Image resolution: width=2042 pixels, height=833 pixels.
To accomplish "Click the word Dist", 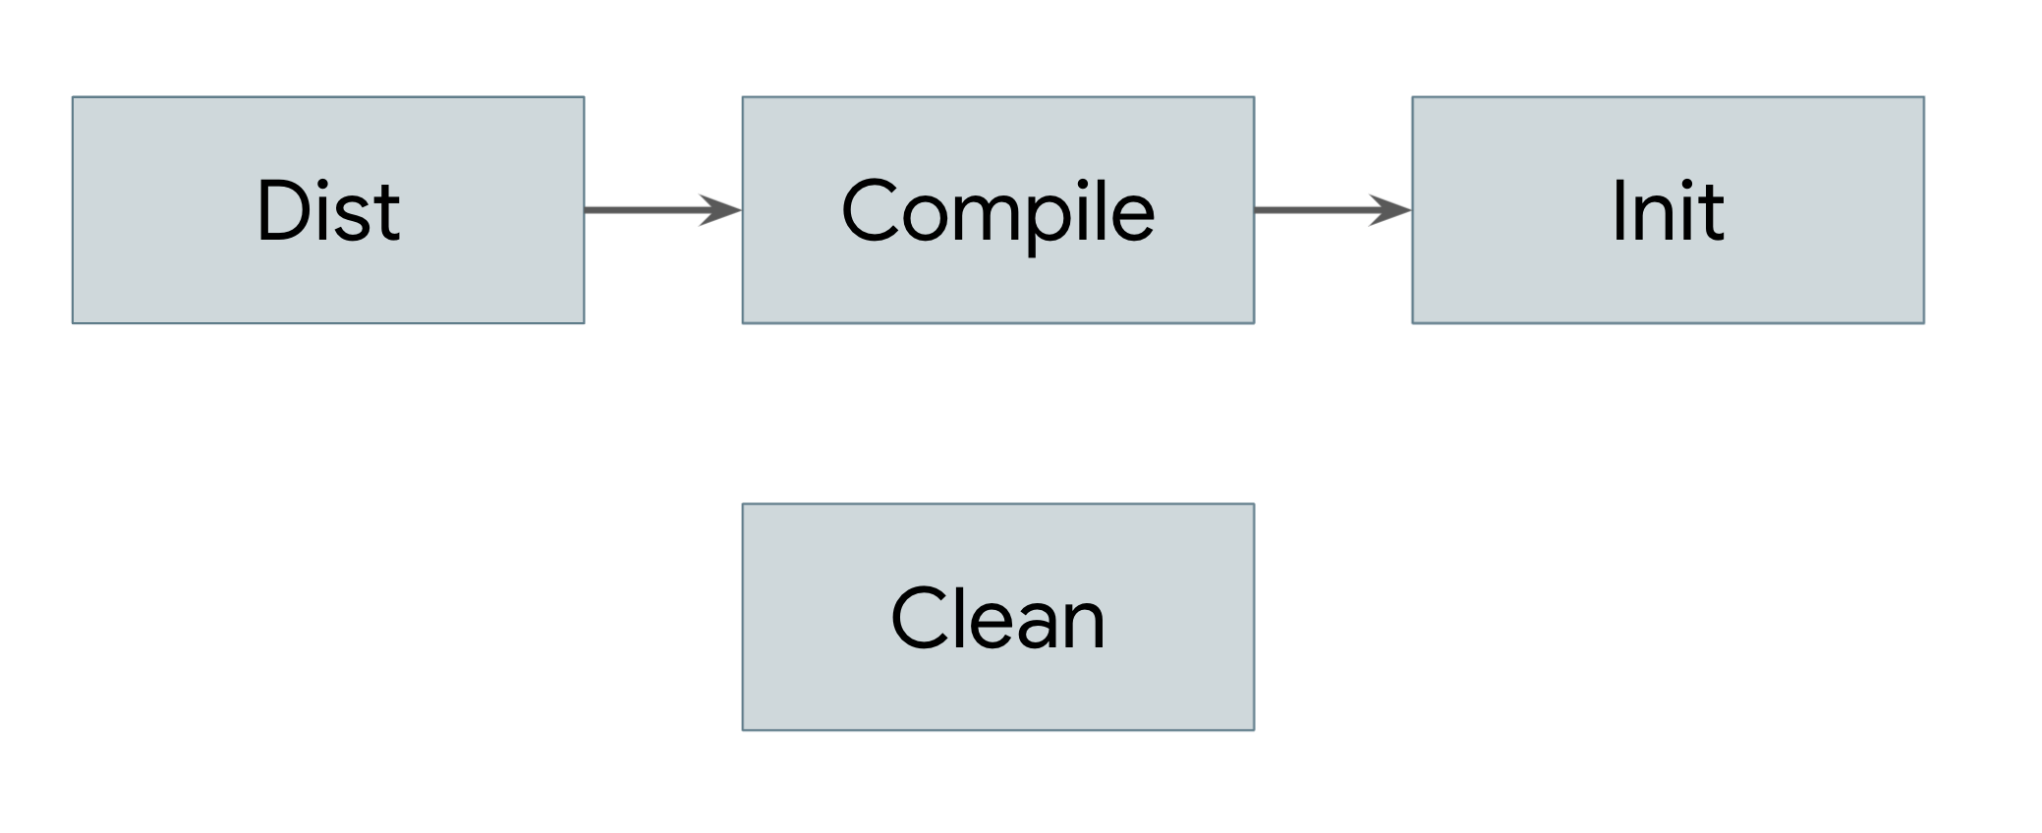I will point(328,210).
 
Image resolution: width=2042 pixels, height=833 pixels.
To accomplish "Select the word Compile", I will point(997,212).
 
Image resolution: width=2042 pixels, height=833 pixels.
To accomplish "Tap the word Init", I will point(1668,210).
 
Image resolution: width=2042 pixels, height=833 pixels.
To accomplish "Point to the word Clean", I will point(997,619).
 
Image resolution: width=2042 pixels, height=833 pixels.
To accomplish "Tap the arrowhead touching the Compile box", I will point(722,209).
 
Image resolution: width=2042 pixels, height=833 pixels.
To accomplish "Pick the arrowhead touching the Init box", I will point(1392,209).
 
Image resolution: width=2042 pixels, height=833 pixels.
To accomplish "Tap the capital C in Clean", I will point(923,618).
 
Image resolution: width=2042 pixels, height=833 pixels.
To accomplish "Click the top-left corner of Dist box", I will point(74,98).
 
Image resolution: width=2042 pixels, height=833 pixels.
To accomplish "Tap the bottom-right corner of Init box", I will point(1923,322).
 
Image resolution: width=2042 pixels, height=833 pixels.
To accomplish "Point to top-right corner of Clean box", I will point(1253,505).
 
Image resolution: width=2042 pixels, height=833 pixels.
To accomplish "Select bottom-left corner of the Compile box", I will point(744,322).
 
